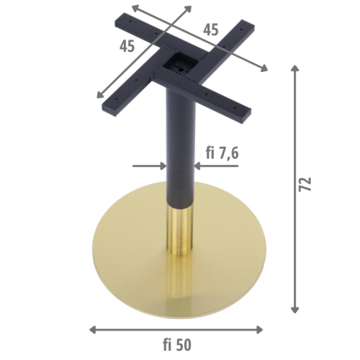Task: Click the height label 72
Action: (x=305, y=184)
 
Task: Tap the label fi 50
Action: (x=177, y=345)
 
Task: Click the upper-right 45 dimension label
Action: (x=211, y=30)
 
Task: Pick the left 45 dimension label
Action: (x=127, y=46)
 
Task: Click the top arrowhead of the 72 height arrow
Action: (x=294, y=68)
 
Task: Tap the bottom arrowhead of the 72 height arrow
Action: (x=294, y=310)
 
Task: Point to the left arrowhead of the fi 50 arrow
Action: (x=93, y=330)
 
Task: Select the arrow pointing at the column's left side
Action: (x=149, y=166)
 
